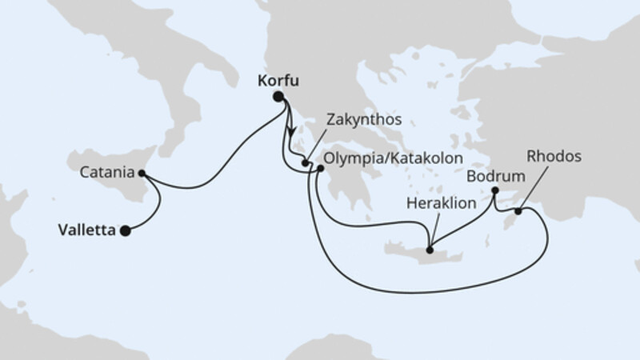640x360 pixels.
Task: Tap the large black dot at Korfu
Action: [x=278, y=98]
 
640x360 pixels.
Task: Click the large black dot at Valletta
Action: [x=125, y=231]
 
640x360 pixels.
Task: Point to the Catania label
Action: [x=106, y=172]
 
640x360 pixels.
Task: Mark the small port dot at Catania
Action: [x=142, y=172]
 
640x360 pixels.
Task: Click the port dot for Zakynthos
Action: [x=306, y=164]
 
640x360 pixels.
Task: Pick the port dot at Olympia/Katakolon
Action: [x=320, y=169]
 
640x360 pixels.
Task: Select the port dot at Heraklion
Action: [x=430, y=250]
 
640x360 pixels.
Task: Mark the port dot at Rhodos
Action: [x=518, y=211]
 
